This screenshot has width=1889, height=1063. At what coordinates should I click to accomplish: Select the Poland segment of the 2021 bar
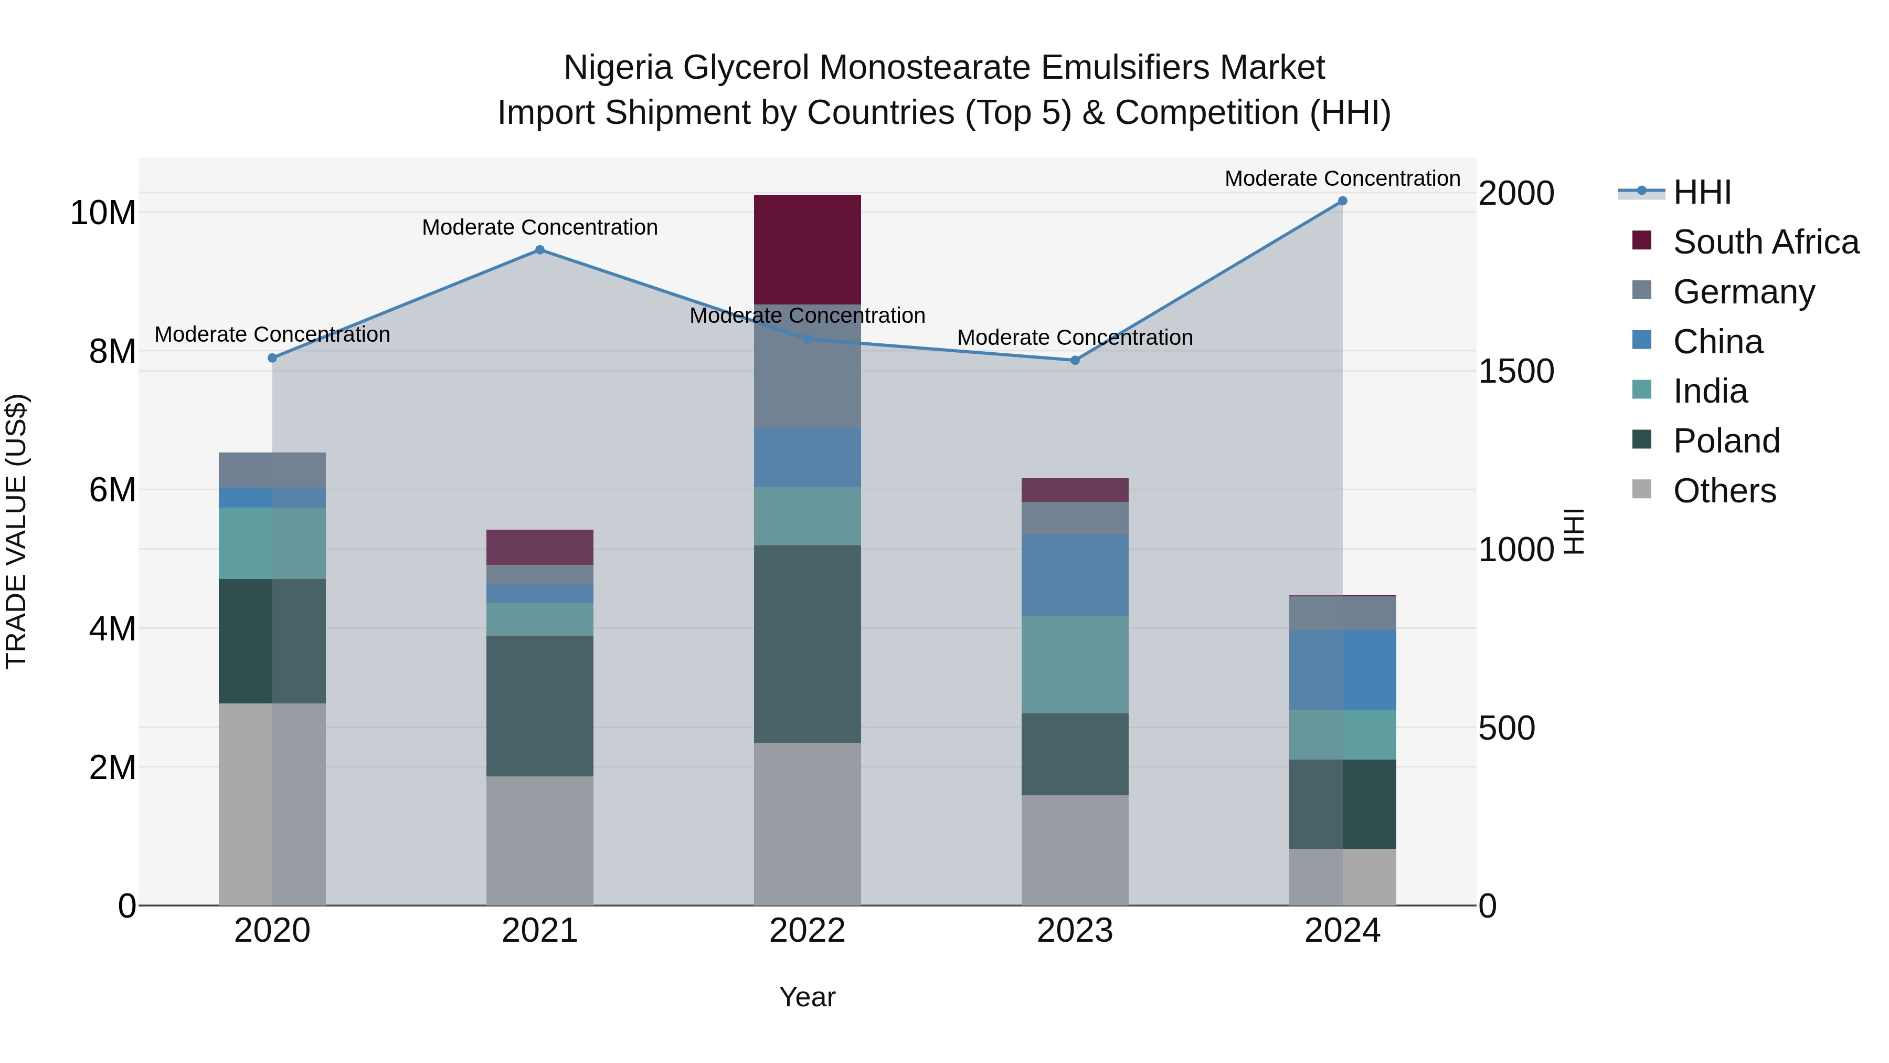(x=540, y=706)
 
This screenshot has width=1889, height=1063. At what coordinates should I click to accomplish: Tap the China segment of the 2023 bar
(x=1075, y=575)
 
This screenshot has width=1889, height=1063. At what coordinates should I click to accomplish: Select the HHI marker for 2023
(x=1075, y=360)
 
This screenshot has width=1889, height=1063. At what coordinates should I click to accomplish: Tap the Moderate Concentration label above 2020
(x=272, y=334)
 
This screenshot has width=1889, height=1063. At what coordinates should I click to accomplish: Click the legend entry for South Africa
(x=1765, y=242)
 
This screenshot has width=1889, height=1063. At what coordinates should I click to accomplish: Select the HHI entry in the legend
(x=1701, y=192)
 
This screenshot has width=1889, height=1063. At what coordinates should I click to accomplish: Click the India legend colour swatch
(x=1642, y=390)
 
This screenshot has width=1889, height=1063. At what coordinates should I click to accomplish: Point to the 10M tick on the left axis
(x=103, y=213)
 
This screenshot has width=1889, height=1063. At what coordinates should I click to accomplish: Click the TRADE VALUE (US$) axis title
(x=16, y=531)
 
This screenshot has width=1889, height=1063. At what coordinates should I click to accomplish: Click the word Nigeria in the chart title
(x=618, y=68)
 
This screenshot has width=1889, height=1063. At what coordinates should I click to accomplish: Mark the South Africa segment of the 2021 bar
(x=540, y=548)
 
